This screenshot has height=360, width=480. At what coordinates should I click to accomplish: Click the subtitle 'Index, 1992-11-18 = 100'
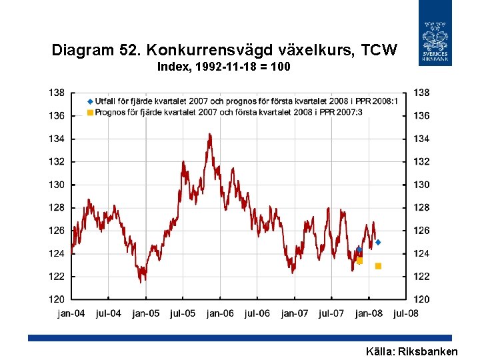(x=224, y=67)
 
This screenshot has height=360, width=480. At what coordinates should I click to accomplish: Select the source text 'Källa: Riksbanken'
(x=412, y=351)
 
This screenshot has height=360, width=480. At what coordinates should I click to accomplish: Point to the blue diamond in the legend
(x=90, y=101)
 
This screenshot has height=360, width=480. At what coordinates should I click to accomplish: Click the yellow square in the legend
(x=90, y=113)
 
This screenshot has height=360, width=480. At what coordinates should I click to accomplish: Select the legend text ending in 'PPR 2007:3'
(x=229, y=113)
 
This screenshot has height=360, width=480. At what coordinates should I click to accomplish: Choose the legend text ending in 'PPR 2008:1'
(x=247, y=101)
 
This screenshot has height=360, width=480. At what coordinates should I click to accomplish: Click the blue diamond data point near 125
(x=378, y=242)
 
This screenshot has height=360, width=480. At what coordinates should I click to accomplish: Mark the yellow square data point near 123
(x=378, y=266)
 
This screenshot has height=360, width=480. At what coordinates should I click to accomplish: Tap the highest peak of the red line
(x=209, y=135)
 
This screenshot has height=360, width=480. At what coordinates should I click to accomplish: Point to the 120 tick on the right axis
(x=422, y=299)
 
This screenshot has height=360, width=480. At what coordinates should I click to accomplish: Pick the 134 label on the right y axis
(x=422, y=139)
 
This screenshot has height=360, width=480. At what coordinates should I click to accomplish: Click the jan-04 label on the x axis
(x=71, y=313)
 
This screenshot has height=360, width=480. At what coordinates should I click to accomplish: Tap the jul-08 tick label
(x=405, y=313)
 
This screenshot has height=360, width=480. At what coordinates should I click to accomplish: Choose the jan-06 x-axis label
(x=220, y=313)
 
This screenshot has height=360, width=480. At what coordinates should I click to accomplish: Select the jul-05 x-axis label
(x=183, y=313)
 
